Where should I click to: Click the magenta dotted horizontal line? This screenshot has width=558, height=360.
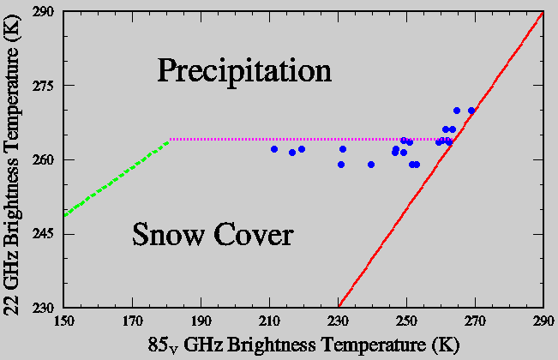click(x=300, y=139)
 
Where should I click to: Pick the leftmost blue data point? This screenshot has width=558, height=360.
click(x=274, y=149)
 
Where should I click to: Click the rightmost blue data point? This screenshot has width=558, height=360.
click(x=471, y=111)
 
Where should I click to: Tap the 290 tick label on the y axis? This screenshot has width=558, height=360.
click(x=43, y=12)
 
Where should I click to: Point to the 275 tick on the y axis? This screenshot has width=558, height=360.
click(x=43, y=86)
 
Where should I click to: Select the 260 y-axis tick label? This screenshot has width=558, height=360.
click(x=43, y=159)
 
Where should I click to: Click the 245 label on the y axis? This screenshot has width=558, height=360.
click(x=43, y=233)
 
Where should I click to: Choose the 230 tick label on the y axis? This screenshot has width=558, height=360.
click(x=43, y=307)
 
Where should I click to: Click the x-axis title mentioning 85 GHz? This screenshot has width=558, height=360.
click(x=303, y=345)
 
